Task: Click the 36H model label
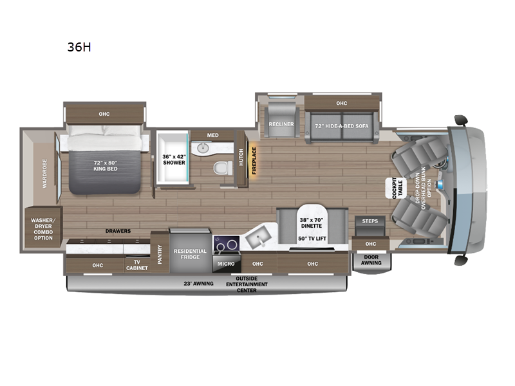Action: (x=79, y=47)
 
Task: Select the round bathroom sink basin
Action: (x=203, y=149)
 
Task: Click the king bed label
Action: (x=106, y=166)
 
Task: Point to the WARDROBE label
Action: (x=44, y=174)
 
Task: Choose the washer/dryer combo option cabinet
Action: (x=43, y=227)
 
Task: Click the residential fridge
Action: (x=190, y=250)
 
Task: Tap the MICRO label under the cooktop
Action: (x=226, y=264)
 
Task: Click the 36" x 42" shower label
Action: (x=174, y=160)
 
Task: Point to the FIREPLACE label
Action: (x=254, y=160)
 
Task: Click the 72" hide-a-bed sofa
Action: (x=342, y=127)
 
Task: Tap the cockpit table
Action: (x=397, y=188)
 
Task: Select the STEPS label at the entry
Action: (x=370, y=221)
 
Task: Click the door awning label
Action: (x=371, y=260)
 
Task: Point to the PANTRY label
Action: (x=160, y=254)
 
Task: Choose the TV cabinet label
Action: (x=137, y=265)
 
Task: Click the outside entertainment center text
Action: (x=247, y=284)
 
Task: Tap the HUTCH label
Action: (x=241, y=157)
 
